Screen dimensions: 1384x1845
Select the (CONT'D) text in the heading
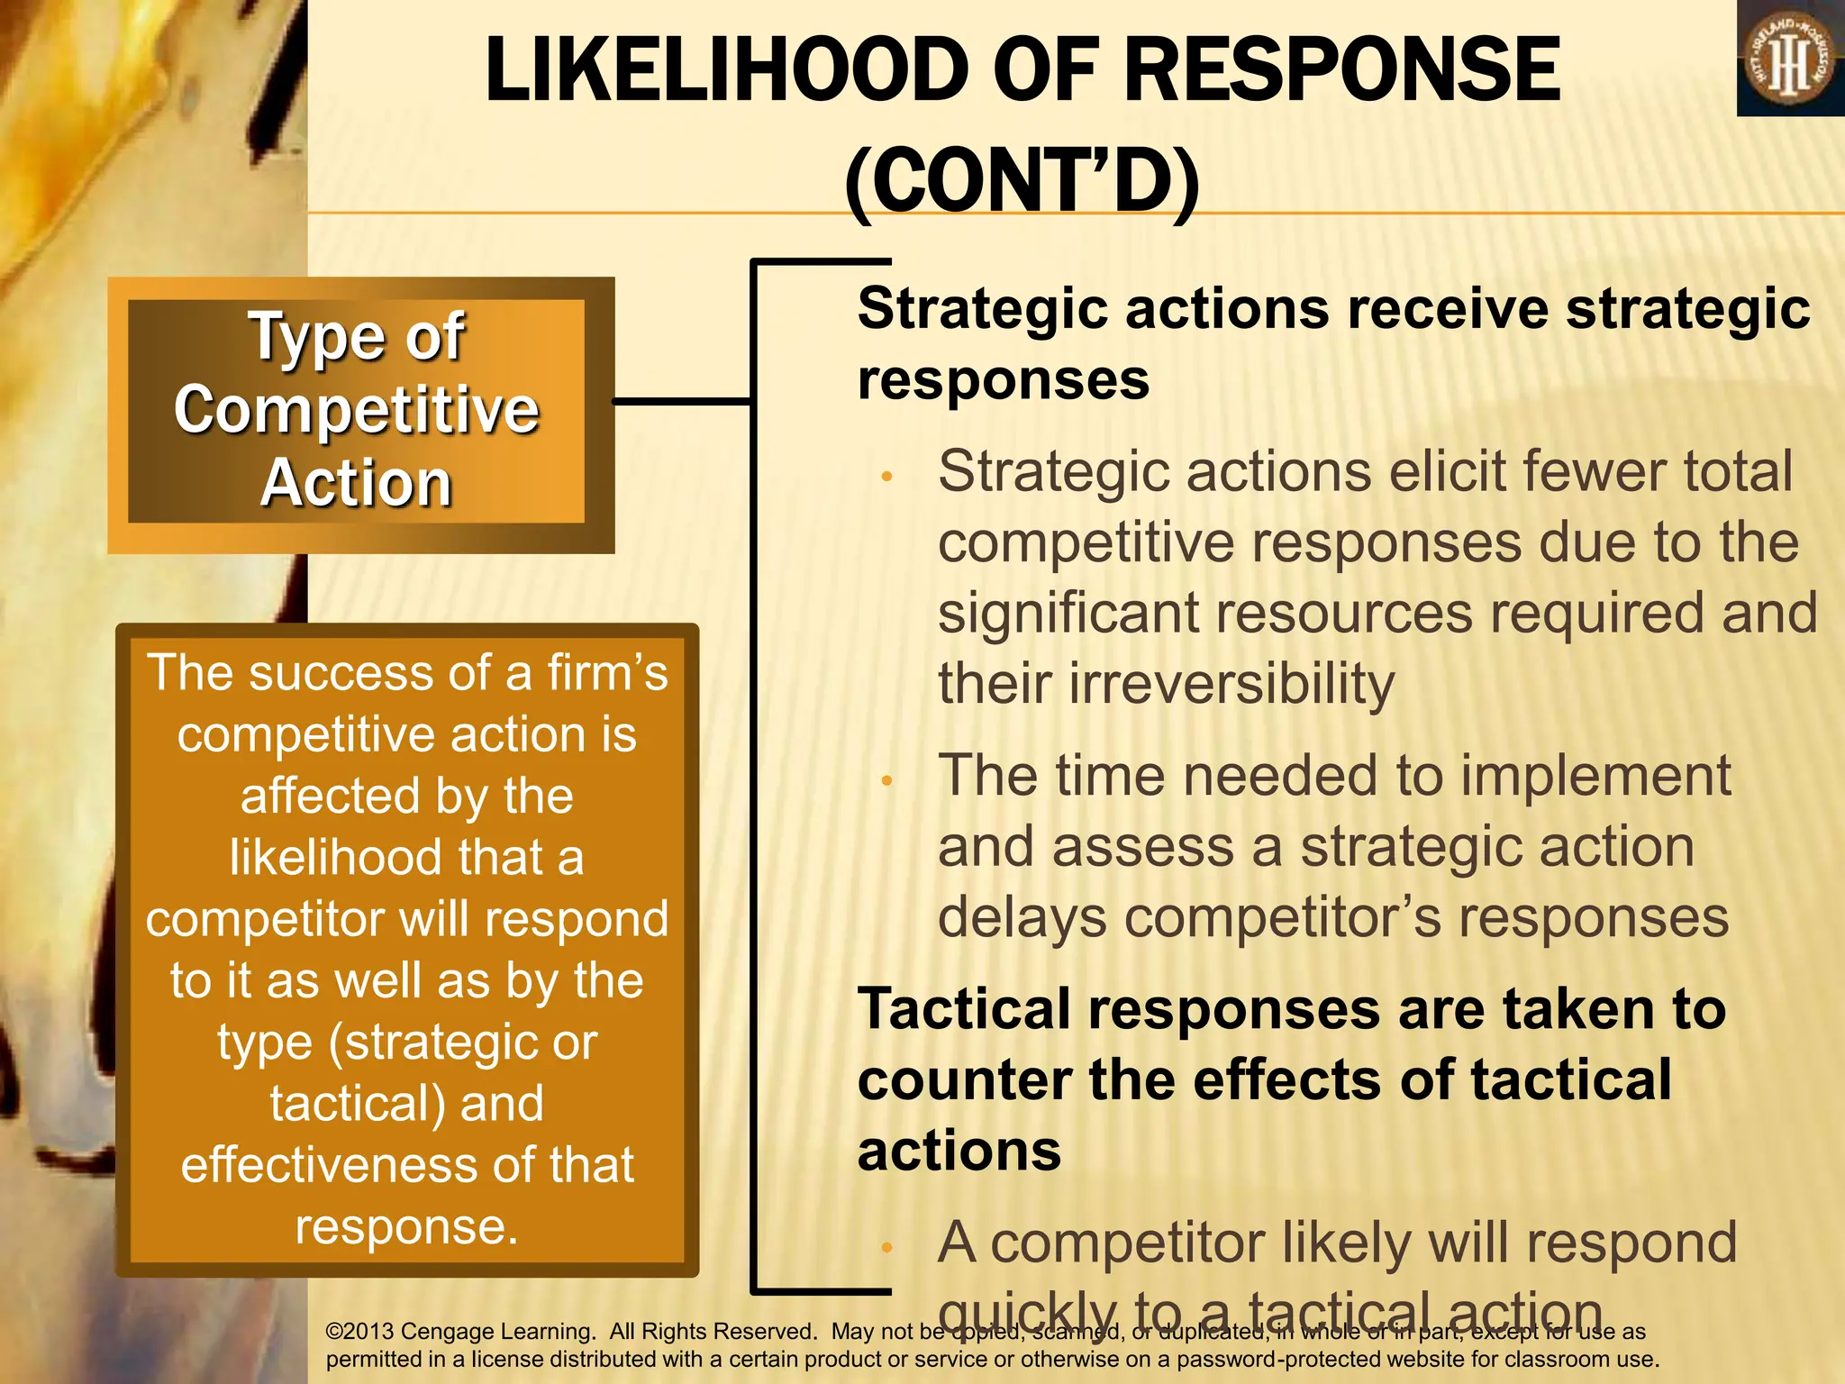click(x=1022, y=182)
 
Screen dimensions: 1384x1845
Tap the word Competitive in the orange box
click(x=357, y=410)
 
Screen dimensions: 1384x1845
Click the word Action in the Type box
click(x=357, y=484)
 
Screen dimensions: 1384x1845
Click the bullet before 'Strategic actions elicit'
click(x=886, y=477)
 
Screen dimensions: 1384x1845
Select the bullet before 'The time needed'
click(x=886, y=781)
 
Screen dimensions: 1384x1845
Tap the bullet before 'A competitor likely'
click(x=886, y=1248)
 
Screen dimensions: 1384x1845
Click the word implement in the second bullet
click(x=1595, y=776)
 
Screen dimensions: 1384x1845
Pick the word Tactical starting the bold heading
click(x=964, y=1009)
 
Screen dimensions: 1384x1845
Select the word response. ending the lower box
click(x=407, y=1226)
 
